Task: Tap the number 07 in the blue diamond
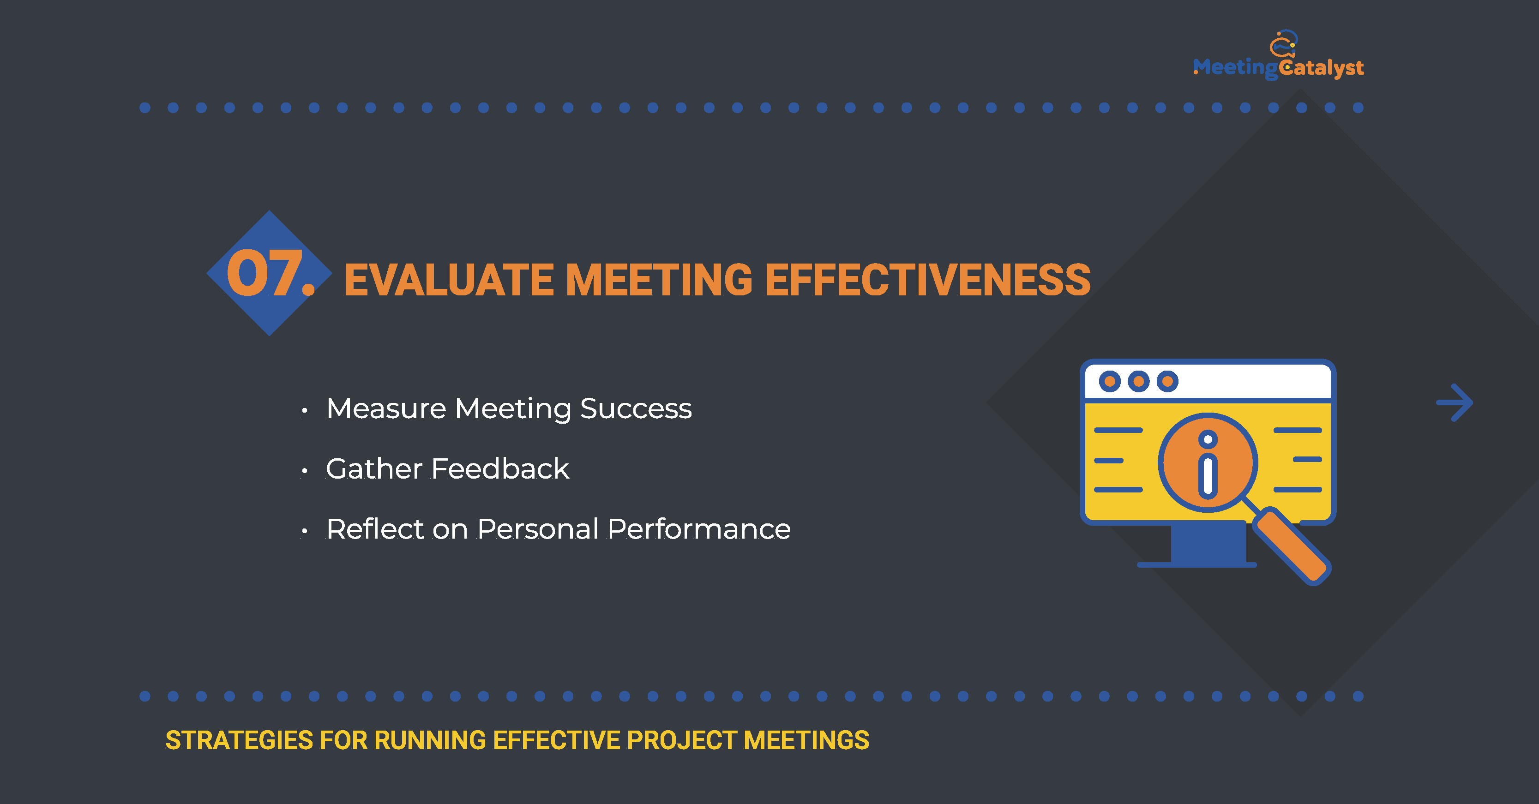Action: [x=271, y=274]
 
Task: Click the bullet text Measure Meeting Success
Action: [x=509, y=410]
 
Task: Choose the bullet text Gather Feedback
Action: [x=447, y=469]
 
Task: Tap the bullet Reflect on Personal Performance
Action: [x=559, y=529]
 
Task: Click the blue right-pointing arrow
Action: [x=1455, y=402]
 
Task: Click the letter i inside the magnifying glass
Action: [x=1208, y=464]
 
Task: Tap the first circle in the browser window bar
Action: [x=1109, y=381]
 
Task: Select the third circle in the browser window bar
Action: [x=1167, y=381]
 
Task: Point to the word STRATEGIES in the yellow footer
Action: [x=239, y=740]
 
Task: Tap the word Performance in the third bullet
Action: [x=699, y=529]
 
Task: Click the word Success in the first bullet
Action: [x=636, y=409]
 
